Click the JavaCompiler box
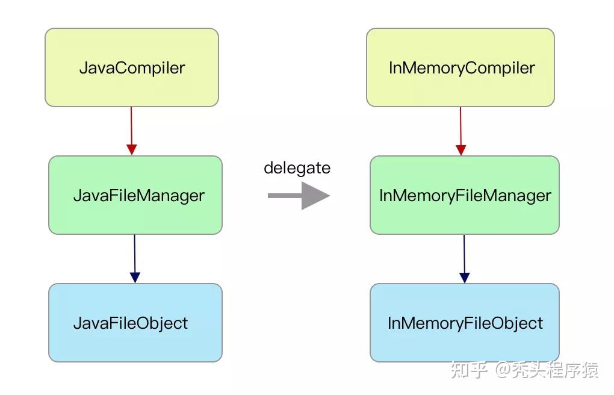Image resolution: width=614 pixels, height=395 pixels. click(x=132, y=67)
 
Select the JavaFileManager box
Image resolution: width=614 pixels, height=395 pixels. click(x=135, y=195)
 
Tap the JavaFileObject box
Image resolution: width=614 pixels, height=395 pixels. click(x=135, y=323)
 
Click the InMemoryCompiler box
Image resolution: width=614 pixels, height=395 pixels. click(x=460, y=67)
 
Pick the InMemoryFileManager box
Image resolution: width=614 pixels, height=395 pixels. click(x=465, y=195)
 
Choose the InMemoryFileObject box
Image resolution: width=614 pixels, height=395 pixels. click(x=465, y=323)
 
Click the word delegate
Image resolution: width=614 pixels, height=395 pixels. click(x=297, y=168)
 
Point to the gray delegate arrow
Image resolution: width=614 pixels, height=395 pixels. click(x=299, y=196)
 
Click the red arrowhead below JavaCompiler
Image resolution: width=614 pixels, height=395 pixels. click(x=132, y=150)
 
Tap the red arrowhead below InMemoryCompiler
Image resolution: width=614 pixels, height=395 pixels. click(x=461, y=150)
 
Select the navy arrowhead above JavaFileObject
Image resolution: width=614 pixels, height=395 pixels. click(x=135, y=278)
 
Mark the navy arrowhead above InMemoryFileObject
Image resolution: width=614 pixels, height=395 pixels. click(x=465, y=278)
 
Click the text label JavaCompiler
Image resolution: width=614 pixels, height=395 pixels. click(x=132, y=68)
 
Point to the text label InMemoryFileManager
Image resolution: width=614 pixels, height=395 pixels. click(x=465, y=196)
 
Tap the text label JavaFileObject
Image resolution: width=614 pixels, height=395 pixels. click(x=131, y=323)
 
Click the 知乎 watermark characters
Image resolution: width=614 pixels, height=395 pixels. click(x=469, y=370)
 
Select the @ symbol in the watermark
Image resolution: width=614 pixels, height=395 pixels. click(x=504, y=370)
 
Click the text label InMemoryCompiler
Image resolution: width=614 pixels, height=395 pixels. click(x=462, y=68)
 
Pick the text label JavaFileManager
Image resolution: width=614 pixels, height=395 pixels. click(x=139, y=196)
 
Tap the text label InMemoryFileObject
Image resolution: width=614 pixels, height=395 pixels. click(x=465, y=323)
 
